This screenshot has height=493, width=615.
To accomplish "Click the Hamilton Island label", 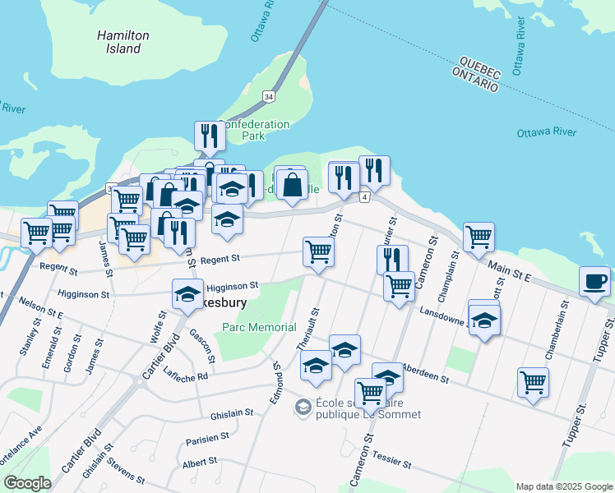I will point(123,42).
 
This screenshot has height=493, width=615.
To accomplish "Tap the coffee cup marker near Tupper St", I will point(594,281).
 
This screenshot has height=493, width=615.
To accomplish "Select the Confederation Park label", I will point(254,130).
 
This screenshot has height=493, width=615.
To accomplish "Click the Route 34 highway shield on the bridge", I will point(269,97).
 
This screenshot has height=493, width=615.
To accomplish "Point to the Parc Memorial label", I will point(259,327).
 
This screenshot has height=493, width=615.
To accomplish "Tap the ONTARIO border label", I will point(474,79).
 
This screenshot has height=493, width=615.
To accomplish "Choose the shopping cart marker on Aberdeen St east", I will point(534,381).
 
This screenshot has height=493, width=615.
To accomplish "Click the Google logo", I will point(27,482).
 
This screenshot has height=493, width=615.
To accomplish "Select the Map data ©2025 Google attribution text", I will point(563,486).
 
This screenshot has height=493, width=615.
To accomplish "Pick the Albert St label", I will point(200,463).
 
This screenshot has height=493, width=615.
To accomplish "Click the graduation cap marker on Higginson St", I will point(187,293).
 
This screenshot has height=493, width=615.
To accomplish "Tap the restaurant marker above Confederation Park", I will point(209,136).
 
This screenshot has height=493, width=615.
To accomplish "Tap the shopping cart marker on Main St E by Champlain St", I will point(479,237).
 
